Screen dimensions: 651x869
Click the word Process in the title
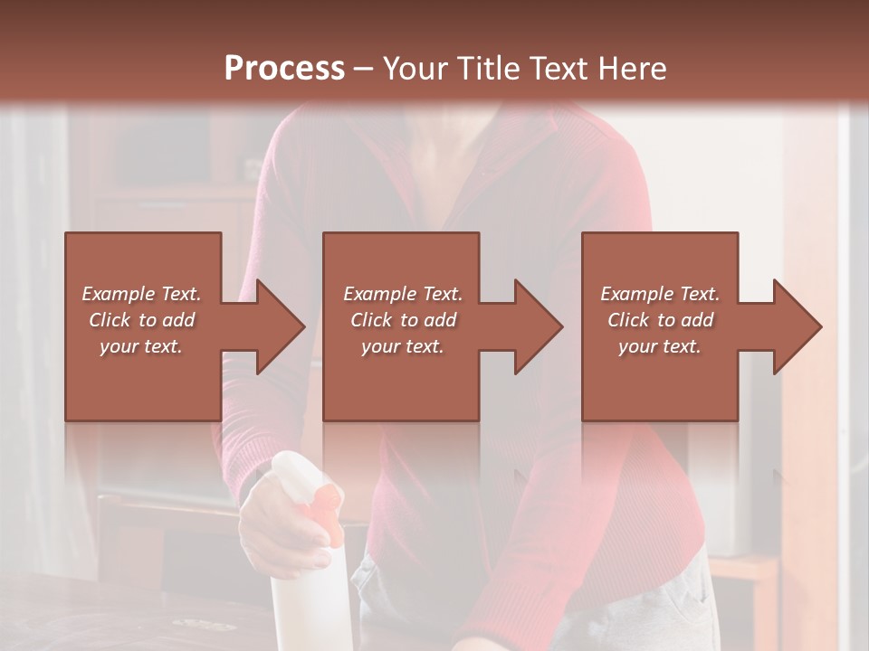[284, 69]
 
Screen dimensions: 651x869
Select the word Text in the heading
[558, 69]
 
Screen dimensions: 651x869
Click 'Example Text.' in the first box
[141, 294]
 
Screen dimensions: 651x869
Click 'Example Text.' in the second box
[402, 294]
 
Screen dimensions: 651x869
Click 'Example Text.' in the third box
[660, 294]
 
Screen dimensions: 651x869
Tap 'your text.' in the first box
[141, 346]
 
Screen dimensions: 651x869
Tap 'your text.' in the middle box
[402, 346]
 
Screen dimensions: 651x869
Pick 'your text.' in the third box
[660, 346]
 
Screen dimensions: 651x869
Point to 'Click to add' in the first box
[141, 320]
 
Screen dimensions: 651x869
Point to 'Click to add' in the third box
[660, 320]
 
